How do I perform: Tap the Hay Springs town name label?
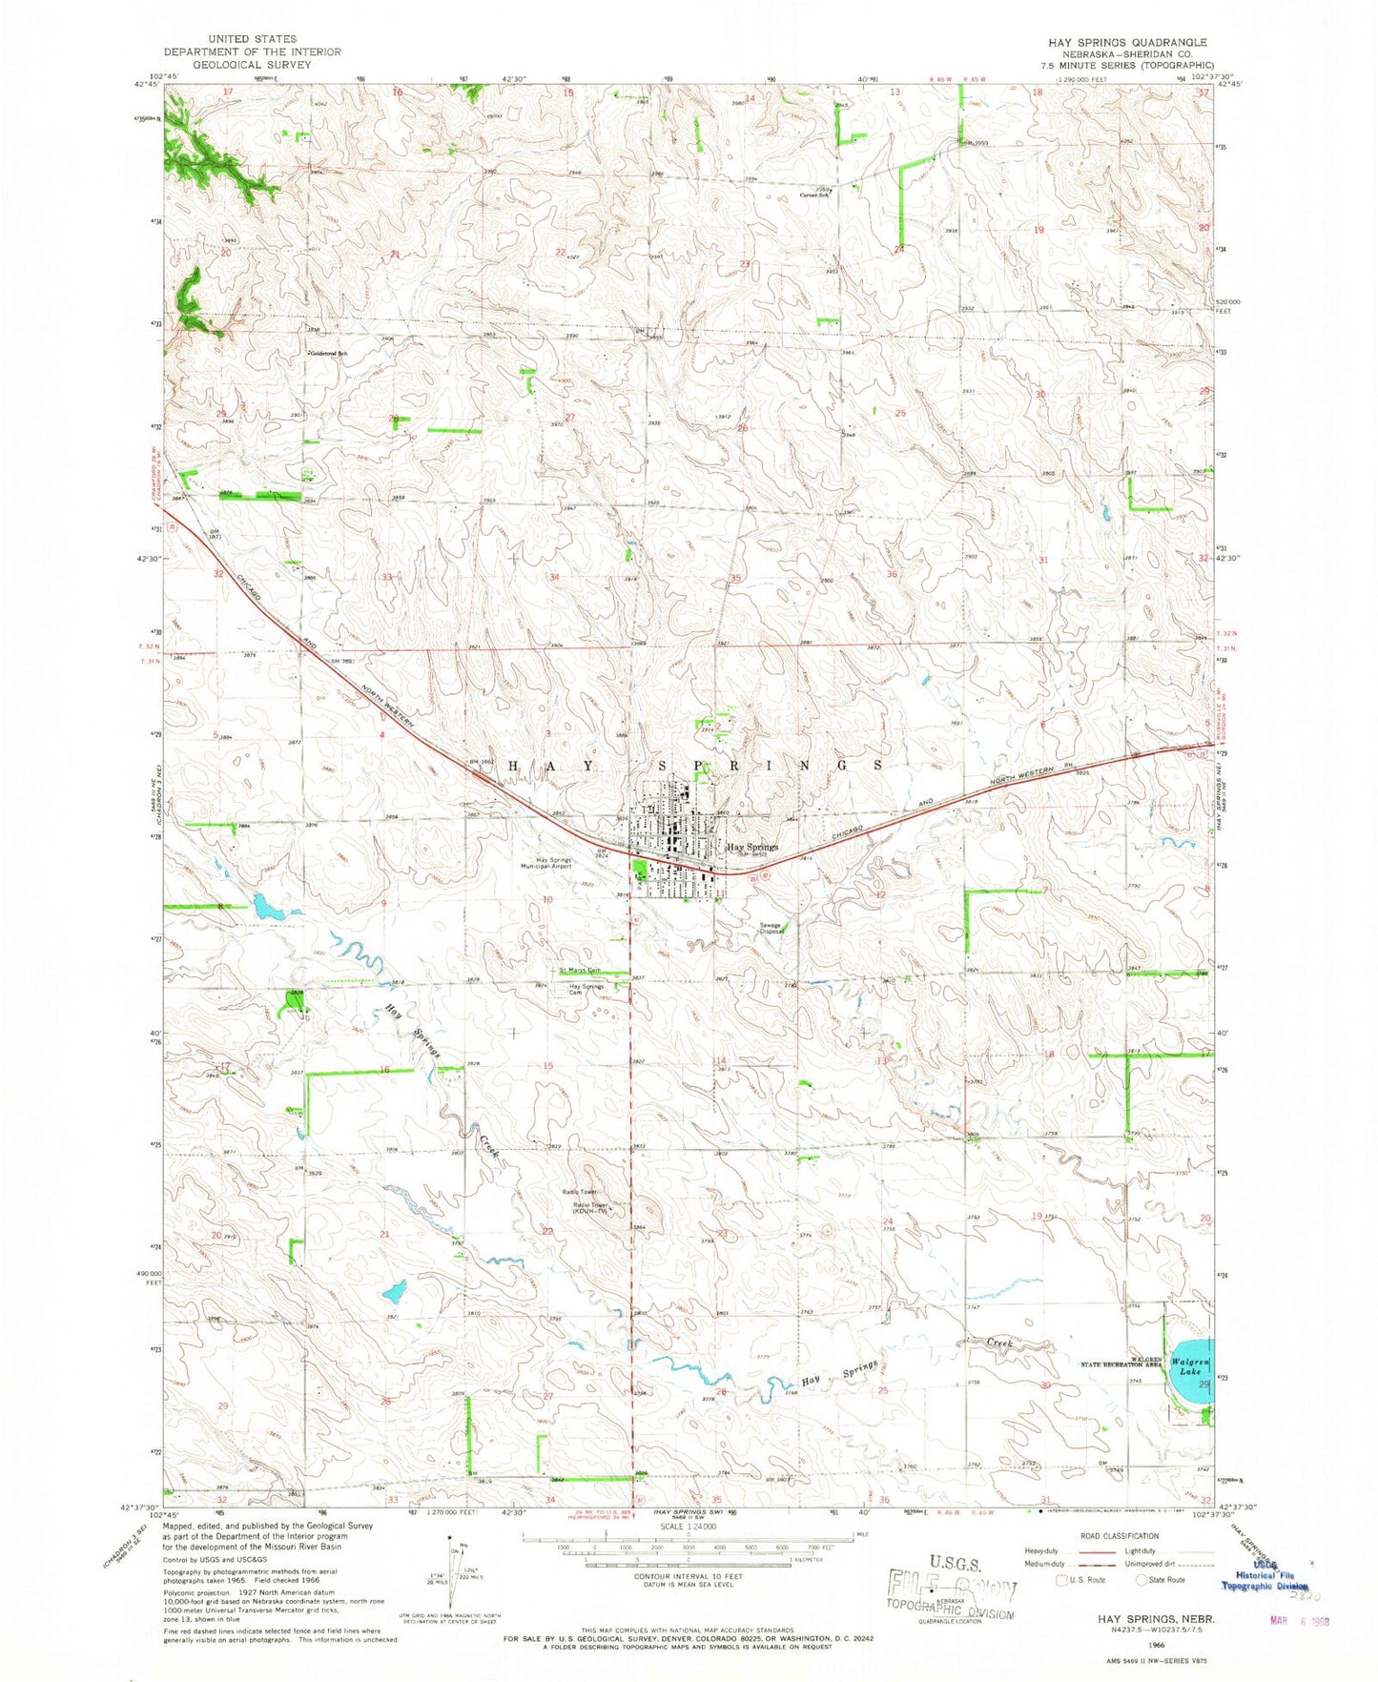(x=752, y=847)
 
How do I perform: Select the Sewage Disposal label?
(x=771, y=928)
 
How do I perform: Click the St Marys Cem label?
(x=581, y=971)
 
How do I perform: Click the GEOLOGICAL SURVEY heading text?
(x=251, y=65)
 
